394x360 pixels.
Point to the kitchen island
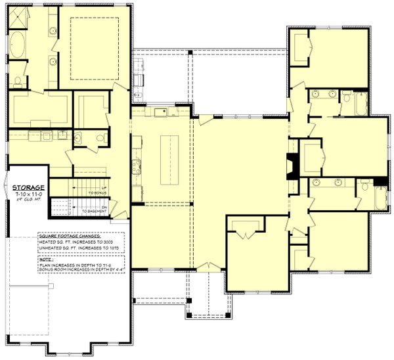point(169,160)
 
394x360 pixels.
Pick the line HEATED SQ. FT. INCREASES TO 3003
point(72,242)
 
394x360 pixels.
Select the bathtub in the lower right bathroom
point(380,198)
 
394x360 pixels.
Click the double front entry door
point(209,265)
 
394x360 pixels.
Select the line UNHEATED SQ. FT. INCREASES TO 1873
point(74,248)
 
